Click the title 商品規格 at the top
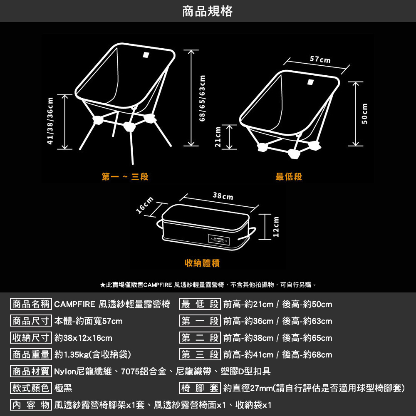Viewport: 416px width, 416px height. [x=208, y=11]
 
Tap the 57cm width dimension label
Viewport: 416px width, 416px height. [x=320, y=60]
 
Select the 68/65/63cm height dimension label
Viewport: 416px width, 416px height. [x=203, y=98]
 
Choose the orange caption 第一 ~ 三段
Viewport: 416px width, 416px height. [x=125, y=177]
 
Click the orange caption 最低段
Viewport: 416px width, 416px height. [x=289, y=177]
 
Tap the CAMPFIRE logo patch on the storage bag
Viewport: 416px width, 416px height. [x=219, y=240]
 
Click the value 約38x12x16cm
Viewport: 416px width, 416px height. [x=83, y=338]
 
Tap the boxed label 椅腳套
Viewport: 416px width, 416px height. [x=200, y=389]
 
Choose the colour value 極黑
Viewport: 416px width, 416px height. [x=63, y=389]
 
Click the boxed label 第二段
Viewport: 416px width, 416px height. [x=200, y=338]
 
